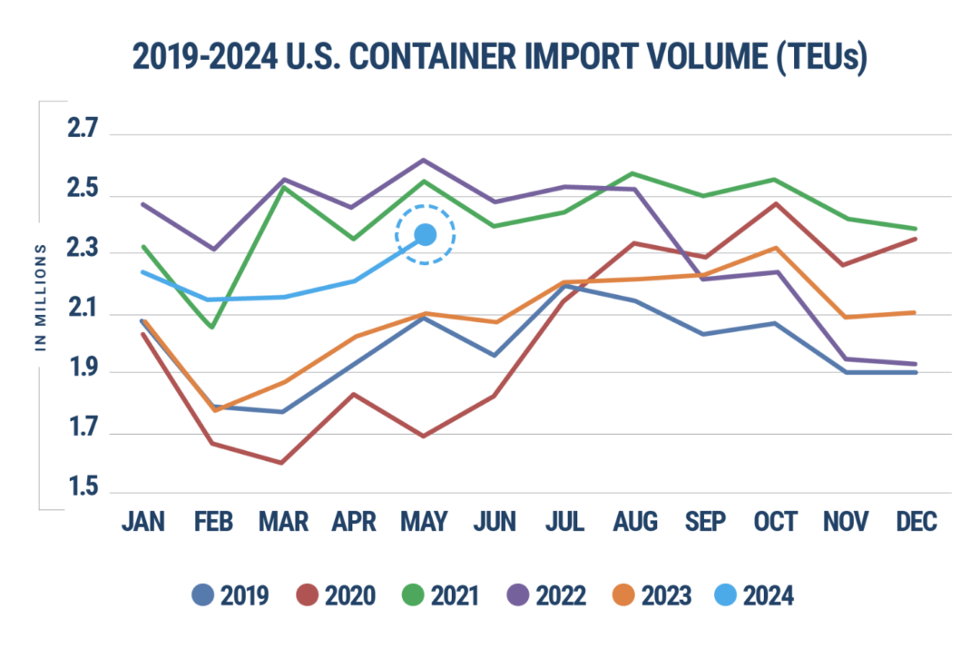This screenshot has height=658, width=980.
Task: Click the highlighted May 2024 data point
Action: [x=425, y=235]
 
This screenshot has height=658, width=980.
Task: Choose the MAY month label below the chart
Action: [x=425, y=522]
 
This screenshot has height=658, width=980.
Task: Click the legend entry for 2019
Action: [x=230, y=595]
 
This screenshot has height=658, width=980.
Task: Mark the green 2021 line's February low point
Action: [x=212, y=327]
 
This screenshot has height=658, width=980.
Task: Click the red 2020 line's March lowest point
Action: [x=283, y=463]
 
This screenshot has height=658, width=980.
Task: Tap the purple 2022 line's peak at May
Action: [x=424, y=160]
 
